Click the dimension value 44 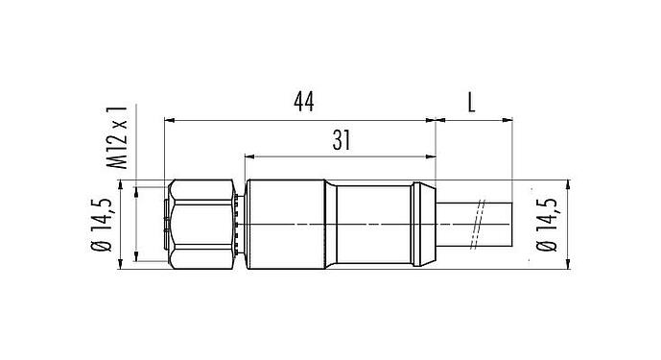click(x=303, y=101)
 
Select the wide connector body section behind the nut click(x=284, y=224)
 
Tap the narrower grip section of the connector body click(x=374, y=224)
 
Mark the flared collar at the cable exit click(x=426, y=224)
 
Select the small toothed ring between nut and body click(x=239, y=224)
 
